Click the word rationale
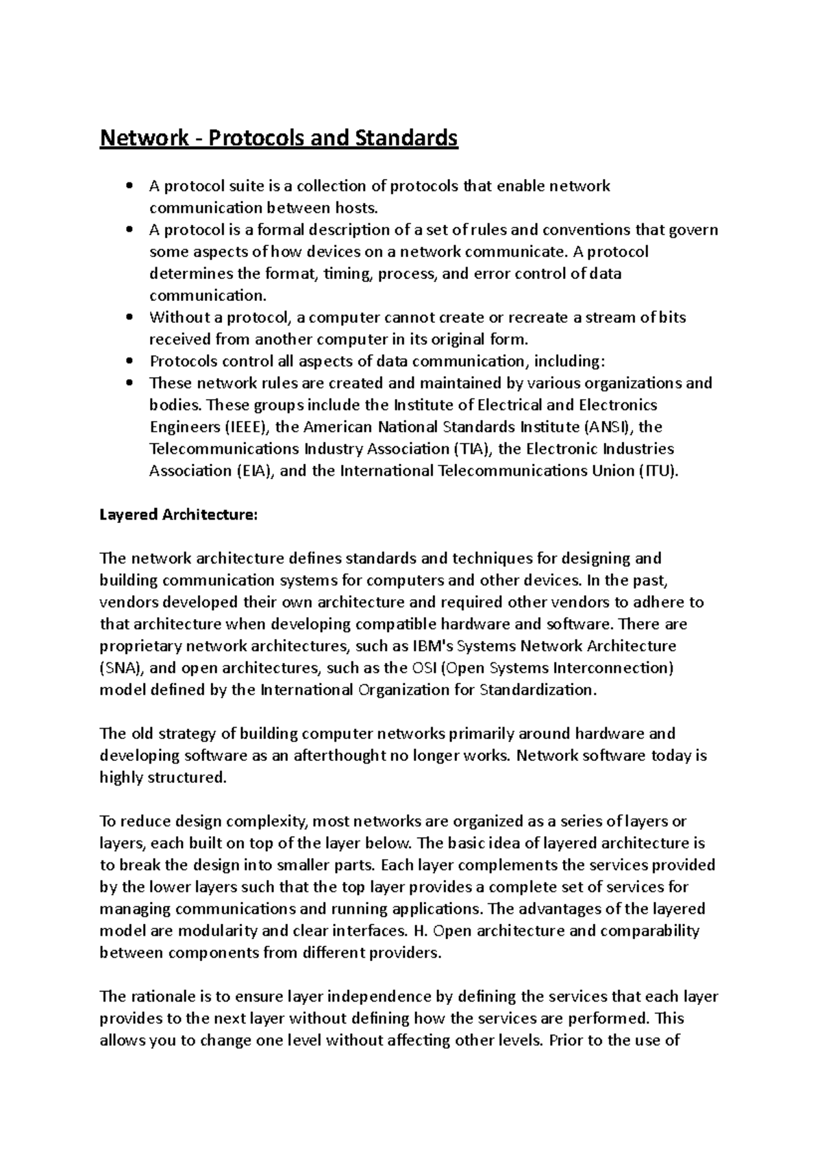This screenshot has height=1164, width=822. [x=163, y=997]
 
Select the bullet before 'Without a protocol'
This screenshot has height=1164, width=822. [x=129, y=318]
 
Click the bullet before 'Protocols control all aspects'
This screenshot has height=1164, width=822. [x=129, y=362]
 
